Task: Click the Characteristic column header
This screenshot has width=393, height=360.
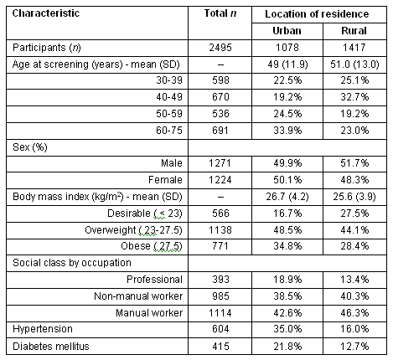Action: (46, 13)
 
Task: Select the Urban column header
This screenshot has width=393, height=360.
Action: (287, 31)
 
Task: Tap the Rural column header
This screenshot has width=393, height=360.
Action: (354, 31)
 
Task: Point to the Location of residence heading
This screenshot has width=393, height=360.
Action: (317, 14)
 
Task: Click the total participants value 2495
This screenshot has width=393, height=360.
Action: (220, 48)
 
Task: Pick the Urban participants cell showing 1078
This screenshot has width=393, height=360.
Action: (287, 48)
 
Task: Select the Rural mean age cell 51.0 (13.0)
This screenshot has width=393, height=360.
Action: (354, 64)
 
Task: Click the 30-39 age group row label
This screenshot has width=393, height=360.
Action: (169, 80)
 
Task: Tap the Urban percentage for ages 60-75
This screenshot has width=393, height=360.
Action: (287, 131)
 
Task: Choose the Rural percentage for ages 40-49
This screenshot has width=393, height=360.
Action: (354, 97)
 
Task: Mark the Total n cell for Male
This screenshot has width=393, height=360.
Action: (220, 163)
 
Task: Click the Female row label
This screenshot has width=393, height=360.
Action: (165, 180)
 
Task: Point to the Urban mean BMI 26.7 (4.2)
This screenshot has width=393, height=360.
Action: (287, 197)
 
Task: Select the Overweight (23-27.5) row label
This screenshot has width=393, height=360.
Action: (133, 230)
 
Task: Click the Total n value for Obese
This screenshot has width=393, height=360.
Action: (220, 246)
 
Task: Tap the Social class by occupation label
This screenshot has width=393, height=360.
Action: (72, 263)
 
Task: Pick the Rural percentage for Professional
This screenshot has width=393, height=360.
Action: (354, 280)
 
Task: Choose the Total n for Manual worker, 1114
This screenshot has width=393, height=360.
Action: (220, 313)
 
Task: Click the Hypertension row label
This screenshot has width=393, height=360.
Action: (43, 329)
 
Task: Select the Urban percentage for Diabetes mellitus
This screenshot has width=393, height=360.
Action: (287, 347)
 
